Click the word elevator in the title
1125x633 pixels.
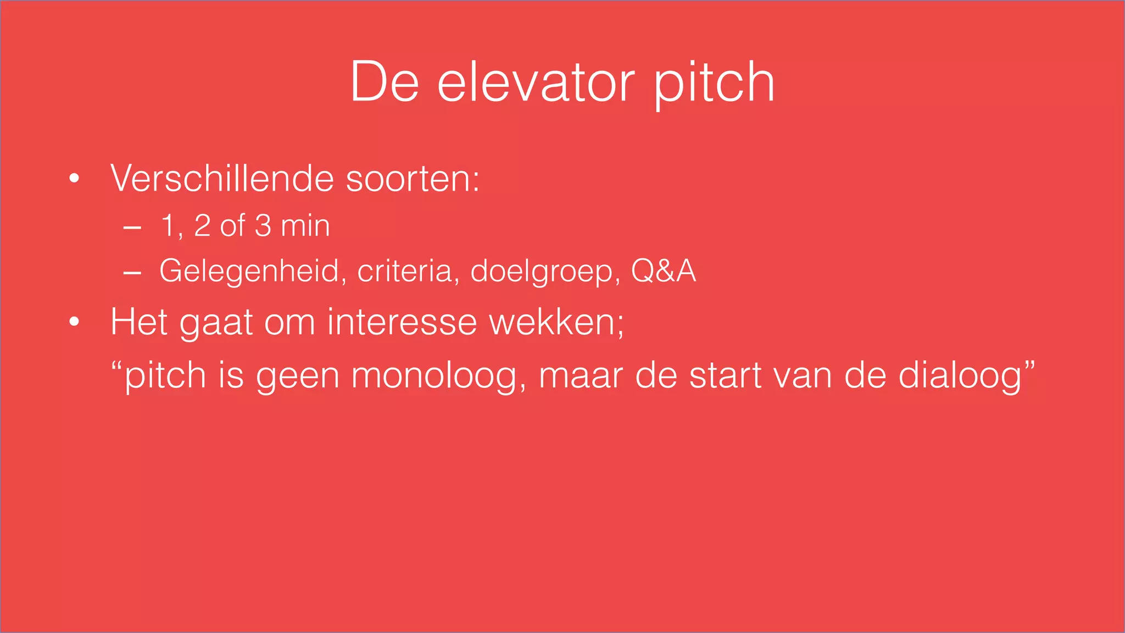536,82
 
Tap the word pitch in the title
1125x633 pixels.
714,82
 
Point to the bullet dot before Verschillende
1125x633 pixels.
75,179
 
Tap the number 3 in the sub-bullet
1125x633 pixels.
263,226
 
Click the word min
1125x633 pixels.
305,226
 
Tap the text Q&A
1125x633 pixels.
663,271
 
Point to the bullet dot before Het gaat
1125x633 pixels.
75,322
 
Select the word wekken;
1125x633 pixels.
556,322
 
